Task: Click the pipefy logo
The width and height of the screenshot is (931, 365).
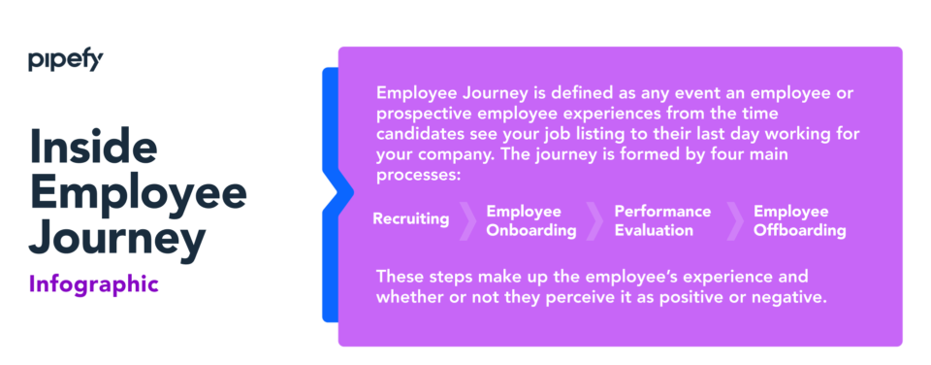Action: tap(65, 61)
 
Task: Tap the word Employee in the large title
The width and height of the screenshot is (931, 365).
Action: tap(138, 192)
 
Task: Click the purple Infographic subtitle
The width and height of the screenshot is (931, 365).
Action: tap(93, 284)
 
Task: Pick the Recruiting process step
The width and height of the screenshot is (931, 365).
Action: tap(410, 218)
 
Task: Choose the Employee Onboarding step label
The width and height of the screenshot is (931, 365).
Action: tap(530, 220)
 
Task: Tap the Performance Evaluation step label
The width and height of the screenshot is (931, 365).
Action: tap(662, 220)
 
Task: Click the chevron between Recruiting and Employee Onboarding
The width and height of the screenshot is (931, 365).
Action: tap(467, 220)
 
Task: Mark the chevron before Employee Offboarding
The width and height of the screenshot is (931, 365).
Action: tap(734, 220)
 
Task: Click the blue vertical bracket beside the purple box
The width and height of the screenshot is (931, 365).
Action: tap(330, 194)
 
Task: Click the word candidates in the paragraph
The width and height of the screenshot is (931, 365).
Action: tap(421, 133)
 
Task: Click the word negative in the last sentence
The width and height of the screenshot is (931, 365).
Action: tap(792, 297)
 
